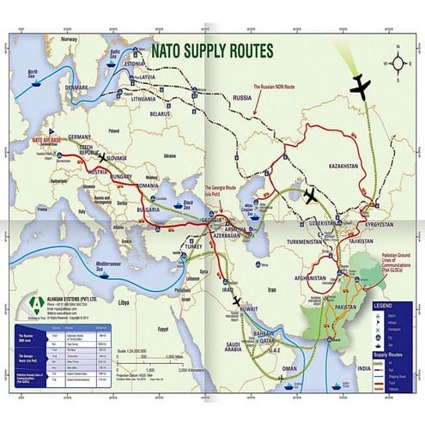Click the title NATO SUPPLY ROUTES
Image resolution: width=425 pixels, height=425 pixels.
211,50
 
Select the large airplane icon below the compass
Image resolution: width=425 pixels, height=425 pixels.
363,87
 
